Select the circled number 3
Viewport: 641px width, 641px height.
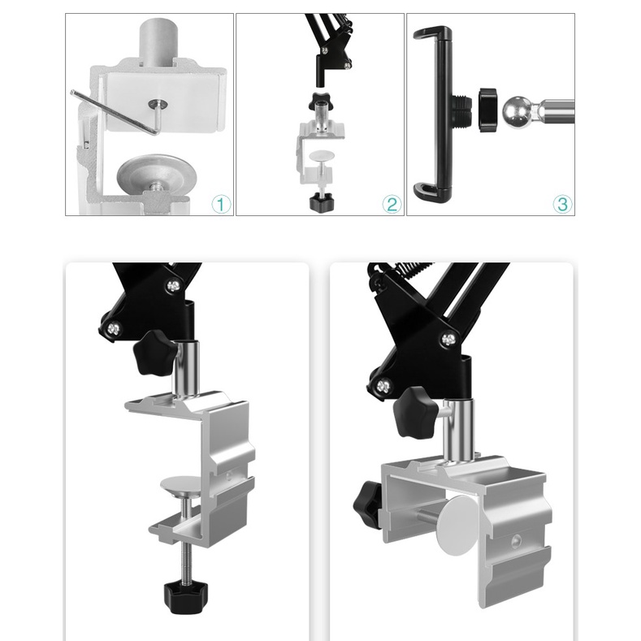(x=562, y=205)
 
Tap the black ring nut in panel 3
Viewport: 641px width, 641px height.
(x=489, y=110)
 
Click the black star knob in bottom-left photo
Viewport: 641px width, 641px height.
(x=155, y=353)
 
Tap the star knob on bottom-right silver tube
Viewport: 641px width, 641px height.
(x=416, y=411)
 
